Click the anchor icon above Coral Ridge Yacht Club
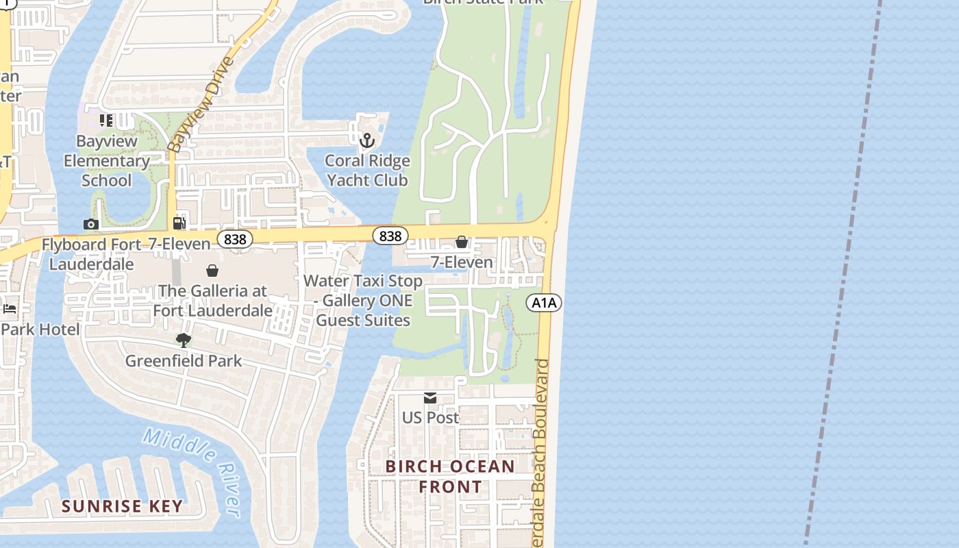pos(367,140)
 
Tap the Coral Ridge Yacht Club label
pos(367,171)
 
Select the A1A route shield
pos(544,303)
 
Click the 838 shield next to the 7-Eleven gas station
pos(235,239)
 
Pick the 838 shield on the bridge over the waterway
pos(390,236)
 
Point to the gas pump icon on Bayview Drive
pos(179,223)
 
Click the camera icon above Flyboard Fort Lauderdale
pos(90,225)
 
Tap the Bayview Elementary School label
pos(106,161)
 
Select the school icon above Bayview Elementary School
pos(106,121)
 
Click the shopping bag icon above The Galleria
pos(212,271)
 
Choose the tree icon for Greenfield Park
pos(183,340)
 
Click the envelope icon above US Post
pos(430,398)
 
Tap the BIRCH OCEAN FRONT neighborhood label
pos(450,477)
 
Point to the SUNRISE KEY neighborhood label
pos(122,506)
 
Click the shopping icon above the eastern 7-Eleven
pos(462,242)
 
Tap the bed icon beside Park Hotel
pos(10,309)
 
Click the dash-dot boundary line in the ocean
pos(843,274)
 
